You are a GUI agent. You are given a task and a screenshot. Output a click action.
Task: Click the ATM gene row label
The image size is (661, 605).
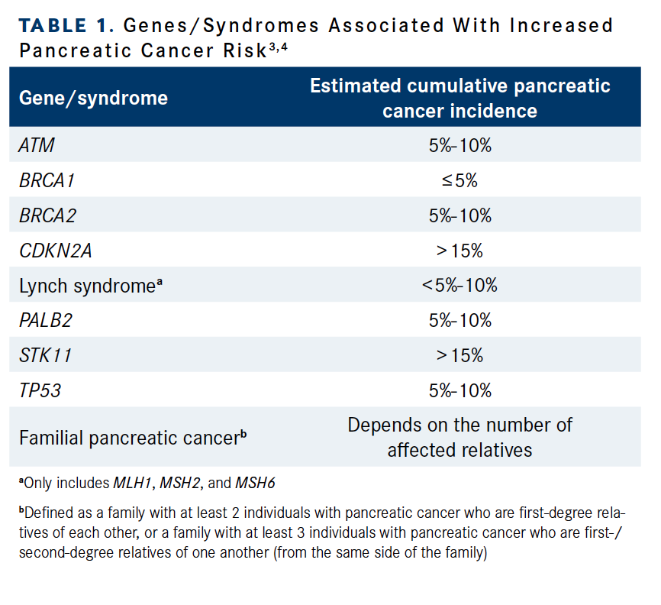[37, 145]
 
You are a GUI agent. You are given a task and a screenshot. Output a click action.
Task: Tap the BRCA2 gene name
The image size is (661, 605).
[47, 216]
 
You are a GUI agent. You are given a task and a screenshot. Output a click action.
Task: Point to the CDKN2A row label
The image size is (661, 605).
[55, 251]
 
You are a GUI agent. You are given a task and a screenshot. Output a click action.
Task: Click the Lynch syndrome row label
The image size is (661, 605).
[91, 286]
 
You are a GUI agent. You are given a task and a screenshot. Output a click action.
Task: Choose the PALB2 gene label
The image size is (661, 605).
[45, 321]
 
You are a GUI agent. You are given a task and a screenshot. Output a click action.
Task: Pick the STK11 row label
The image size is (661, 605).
[45, 356]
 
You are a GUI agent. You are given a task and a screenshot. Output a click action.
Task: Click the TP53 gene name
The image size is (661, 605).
[40, 391]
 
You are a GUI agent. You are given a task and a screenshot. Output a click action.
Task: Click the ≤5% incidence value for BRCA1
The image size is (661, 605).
[459, 180]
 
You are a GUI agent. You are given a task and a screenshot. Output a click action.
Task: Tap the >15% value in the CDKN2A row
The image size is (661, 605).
[459, 251]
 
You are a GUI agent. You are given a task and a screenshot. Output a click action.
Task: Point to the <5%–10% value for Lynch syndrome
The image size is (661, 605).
[459, 286]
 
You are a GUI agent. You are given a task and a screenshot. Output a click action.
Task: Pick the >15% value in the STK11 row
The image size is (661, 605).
[459, 356]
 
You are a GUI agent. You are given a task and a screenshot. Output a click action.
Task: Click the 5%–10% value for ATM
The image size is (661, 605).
[459, 145]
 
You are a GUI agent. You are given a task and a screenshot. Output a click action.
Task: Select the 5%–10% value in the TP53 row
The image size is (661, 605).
[459, 391]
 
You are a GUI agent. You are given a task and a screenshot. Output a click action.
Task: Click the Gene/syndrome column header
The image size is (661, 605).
[93, 99]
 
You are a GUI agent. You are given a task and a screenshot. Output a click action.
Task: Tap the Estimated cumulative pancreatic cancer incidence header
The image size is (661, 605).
[459, 98]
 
